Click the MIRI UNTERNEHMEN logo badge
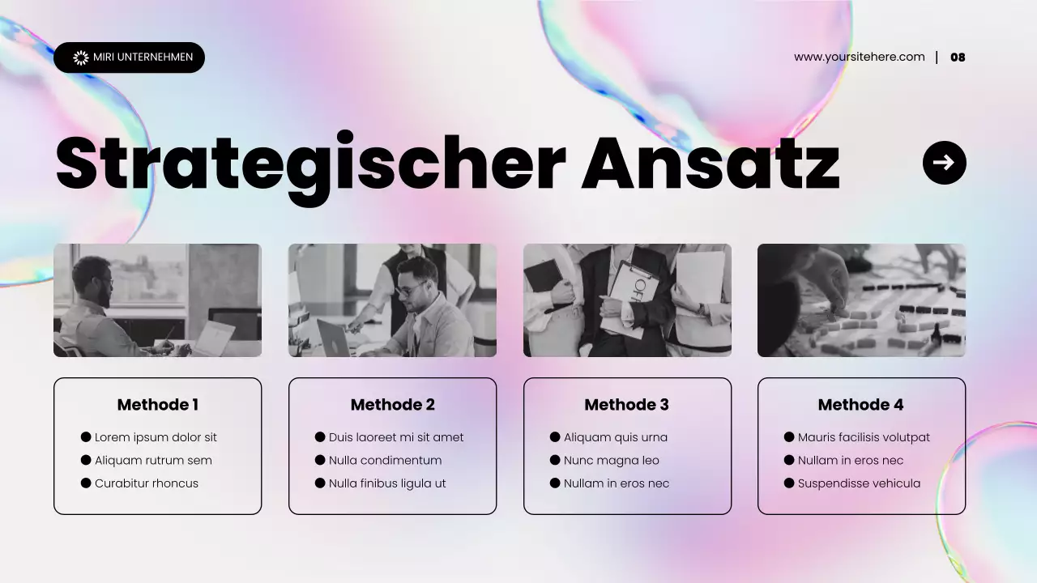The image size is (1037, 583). point(129,57)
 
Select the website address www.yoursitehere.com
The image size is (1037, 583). point(859,57)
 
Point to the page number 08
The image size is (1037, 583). point(958,57)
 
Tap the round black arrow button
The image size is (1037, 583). point(944,163)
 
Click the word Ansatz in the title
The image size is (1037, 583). point(710,164)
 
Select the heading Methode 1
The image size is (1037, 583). point(157,405)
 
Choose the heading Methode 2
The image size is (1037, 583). point(392,405)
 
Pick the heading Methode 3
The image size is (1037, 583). point(626,405)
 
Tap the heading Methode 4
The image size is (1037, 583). point(860,405)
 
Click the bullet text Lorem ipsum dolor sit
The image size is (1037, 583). point(156,437)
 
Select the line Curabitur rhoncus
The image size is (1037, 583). point(146,483)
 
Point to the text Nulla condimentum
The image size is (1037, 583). point(385,461)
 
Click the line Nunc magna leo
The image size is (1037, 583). point(611,461)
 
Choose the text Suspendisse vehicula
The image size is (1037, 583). point(859,483)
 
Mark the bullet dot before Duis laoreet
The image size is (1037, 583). point(320,437)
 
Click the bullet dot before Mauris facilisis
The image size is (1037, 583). point(789,437)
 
